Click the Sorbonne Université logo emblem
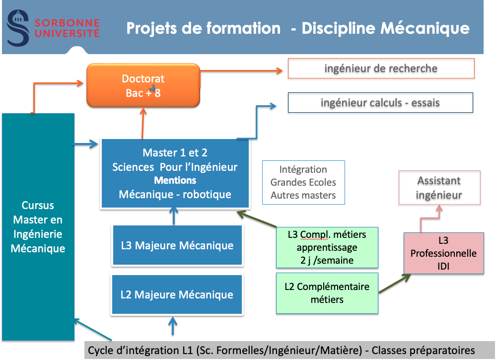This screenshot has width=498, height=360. pyautogui.click(x=18, y=28)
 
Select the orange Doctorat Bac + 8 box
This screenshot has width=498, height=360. pyautogui.click(x=143, y=85)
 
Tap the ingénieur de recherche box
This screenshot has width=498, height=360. pyautogui.click(x=381, y=69)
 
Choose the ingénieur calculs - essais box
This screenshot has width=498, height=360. pyautogui.click(x=380, y=103)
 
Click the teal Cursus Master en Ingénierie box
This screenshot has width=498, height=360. pyautogui.click(x=38, y=227)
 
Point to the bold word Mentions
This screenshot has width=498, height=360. pyautogui.click(x=175, y=180)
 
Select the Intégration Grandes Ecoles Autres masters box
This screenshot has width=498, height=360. pyautogui.click(x=303, y=182)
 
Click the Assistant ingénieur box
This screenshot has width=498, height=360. pyautogui.click(x=439, y=188)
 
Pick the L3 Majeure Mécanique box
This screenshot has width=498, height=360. pyautogui.click(x=177, y=245)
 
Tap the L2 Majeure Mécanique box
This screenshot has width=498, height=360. pyautogui.click(x=177, y=294)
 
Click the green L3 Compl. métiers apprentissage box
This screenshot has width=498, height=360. pyautogui.click(x=327, y=247)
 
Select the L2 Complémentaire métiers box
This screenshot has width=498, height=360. pyautogui.click(x=327, y=293)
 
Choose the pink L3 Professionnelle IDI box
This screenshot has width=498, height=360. pyautogui.click(x=444, y=253)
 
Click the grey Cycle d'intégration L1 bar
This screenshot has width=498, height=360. pyautogui.click(x=289, y=350)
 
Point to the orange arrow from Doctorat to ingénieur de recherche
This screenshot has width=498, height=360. pyautogui.click(x=241, y=71)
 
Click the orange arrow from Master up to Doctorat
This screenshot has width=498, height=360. pyautogui.click(x=143, y=123)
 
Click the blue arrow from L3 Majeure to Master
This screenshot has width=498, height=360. pyautogui.click(x=174, y=216)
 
